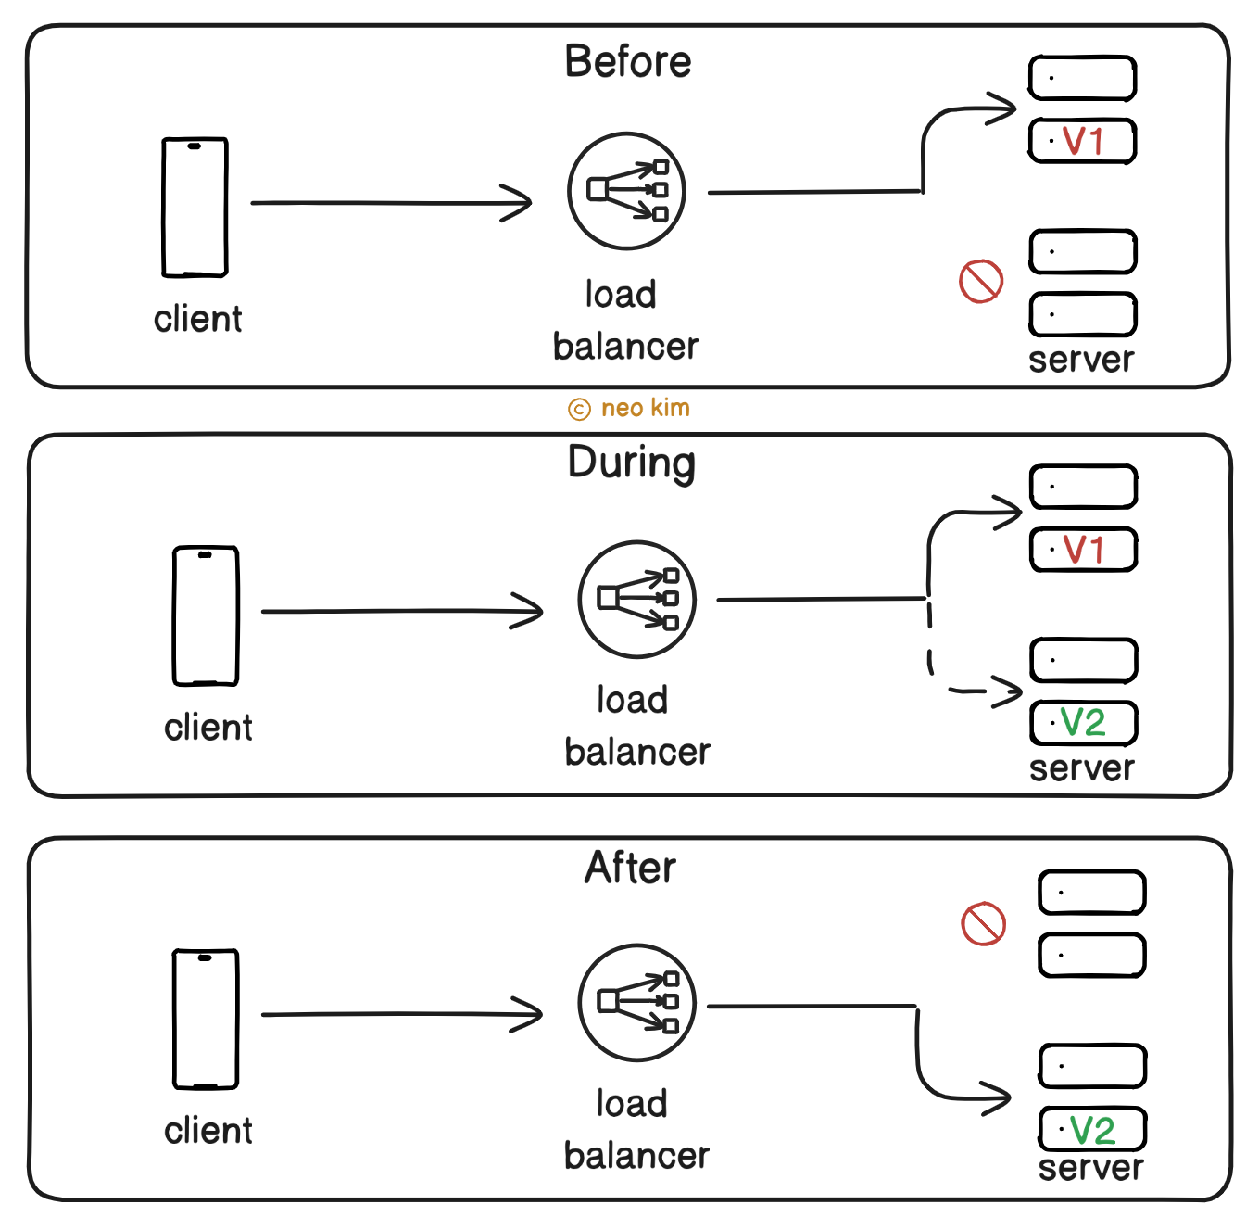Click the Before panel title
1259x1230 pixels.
628,62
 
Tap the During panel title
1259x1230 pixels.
631,463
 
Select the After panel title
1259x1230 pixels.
630,868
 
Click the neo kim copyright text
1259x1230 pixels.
630,408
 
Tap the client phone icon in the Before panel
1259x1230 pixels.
195,207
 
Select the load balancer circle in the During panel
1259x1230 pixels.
636,599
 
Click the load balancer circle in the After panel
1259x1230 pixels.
636,1002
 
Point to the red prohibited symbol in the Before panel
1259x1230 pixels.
981,281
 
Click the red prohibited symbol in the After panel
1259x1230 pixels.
983,924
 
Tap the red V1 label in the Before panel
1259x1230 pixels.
1083,142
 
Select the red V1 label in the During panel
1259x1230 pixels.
1083,550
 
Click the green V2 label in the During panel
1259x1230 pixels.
1083,723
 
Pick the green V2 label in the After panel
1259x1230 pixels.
1092,1130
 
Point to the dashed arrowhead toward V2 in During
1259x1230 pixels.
1008,691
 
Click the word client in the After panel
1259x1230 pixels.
208,1131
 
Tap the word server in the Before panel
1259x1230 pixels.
1081,360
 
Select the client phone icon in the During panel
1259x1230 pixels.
206,615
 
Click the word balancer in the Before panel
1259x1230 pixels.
625,347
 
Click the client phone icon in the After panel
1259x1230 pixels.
206,1019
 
